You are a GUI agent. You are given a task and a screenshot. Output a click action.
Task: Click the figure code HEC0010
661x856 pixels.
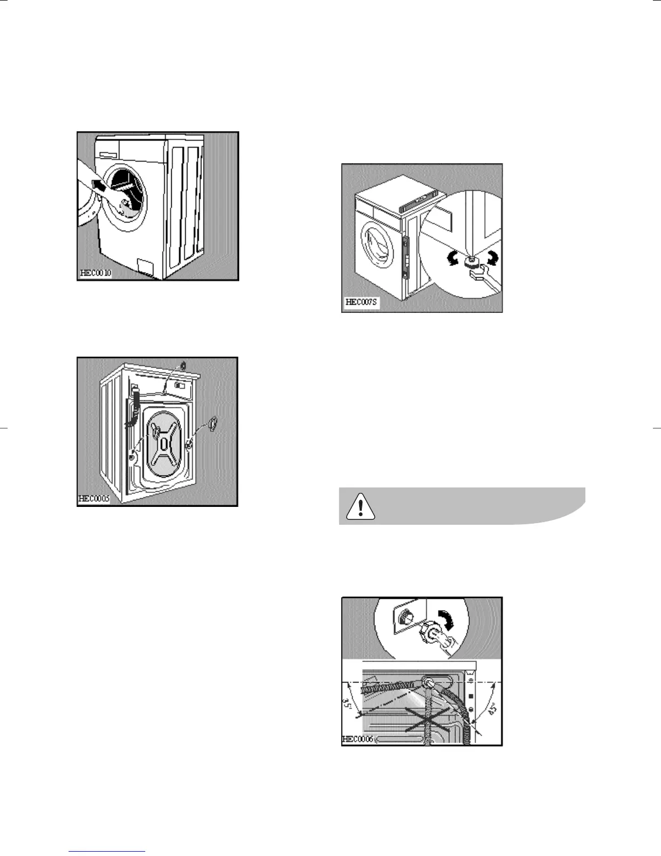pos(96,273)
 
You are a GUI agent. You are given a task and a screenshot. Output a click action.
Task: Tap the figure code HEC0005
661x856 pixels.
pos(94,499)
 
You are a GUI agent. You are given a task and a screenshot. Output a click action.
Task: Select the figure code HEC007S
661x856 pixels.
pos(362,303)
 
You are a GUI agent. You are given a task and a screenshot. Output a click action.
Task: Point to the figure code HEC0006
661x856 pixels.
pos(357,739)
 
